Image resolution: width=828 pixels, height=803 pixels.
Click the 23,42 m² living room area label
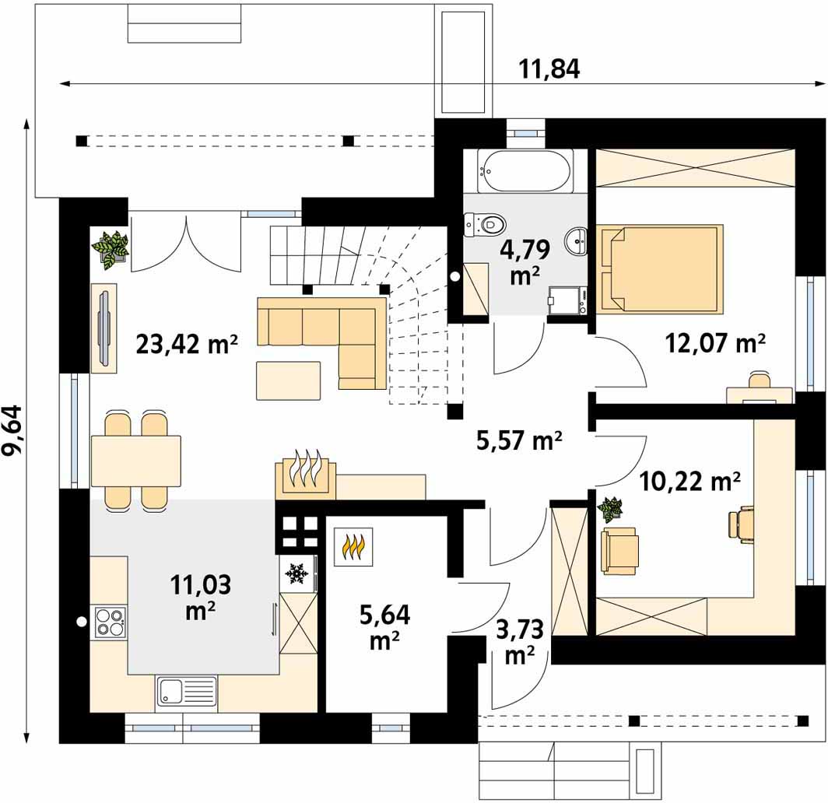tap(187, 344)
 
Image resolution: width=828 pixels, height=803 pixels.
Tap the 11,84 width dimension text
tap(549, 68)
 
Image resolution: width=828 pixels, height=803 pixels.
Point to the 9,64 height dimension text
tap(12, 430)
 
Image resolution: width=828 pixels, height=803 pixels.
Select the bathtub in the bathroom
tap(525, 170)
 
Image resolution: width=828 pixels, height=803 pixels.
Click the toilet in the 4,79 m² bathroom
tap(486, 224)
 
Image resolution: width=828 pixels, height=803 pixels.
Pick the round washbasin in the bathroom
tap(576, 242)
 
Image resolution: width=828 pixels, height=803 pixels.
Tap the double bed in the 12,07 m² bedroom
tap(660, 268)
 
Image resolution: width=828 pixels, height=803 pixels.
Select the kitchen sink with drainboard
tap(187, 691)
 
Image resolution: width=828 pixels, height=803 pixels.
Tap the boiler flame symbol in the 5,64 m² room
tap(353, 546)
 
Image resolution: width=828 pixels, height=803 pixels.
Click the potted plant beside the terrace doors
tap(111, 250)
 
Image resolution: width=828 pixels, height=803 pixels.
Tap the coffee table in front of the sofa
tap(288, 380)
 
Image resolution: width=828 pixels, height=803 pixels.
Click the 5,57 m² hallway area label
tap(519, 441)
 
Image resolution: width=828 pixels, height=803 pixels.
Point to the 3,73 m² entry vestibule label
tap(520, 643)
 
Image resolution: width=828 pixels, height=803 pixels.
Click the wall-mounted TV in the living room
tap(104, 328)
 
